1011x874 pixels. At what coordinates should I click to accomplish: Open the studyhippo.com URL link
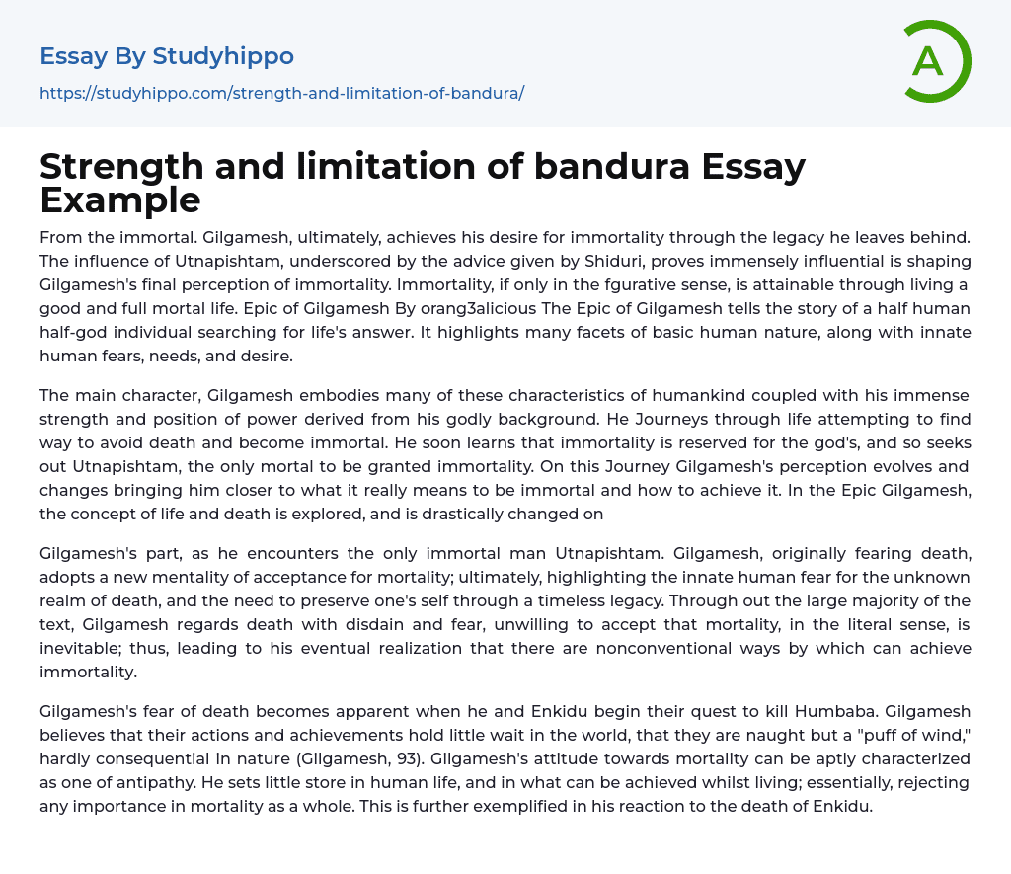[281, 93]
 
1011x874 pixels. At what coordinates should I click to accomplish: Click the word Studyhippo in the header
[223, 56]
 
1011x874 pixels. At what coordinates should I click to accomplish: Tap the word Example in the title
[120, 199]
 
